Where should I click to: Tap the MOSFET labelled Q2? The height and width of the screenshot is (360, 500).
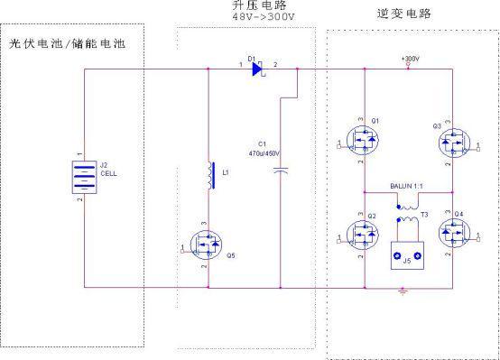[x=365, y=237]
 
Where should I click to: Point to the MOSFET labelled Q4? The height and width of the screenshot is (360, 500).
[x=450, y=236]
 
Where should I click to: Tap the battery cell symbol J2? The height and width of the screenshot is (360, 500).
[x=82, y=177]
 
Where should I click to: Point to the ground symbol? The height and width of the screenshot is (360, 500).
[x=405, y=291]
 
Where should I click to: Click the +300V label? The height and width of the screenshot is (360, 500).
[x=411, y=60]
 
